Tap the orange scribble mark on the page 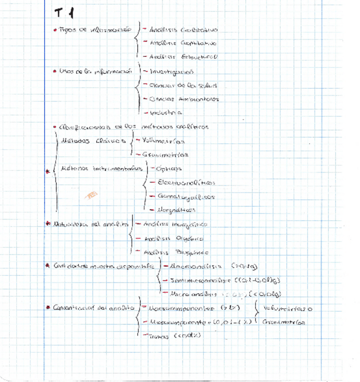click(92, 195)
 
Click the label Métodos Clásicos click(93, 141)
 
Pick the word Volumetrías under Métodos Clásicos click(163, 141)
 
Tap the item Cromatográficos click(185, 197)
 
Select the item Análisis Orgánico click(173, 238)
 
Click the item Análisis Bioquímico click(176, 252)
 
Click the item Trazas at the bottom click(175, 336)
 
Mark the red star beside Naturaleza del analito click(49, 224)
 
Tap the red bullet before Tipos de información click(55, 30)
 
